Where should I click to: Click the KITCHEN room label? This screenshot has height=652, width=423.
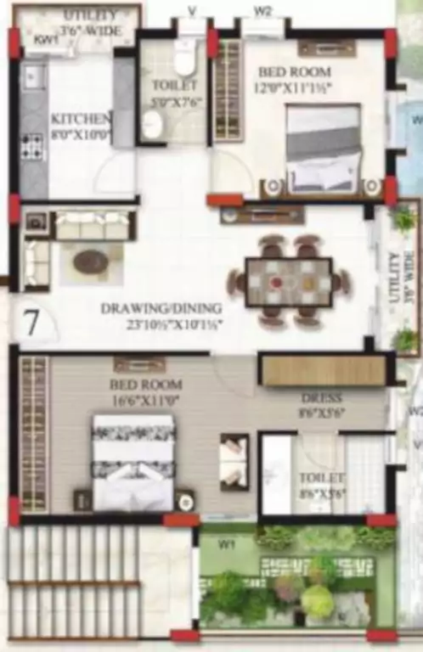coord(79,119)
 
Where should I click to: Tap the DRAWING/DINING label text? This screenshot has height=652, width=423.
coord(161,308)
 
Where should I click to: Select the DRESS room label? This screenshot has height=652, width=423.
coord(321,397)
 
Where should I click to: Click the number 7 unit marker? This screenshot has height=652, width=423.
coord(31,323)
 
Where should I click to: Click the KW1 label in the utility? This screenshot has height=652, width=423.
coord(44,39)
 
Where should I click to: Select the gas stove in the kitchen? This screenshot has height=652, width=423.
coord(32,147)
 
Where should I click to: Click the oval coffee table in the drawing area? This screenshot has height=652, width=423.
coord(91,261)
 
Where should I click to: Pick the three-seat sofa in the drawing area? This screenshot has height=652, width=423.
coord(94,225)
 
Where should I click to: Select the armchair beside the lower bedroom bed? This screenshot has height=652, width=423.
coord(234,460)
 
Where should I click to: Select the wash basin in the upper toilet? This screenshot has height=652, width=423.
coord(153,125)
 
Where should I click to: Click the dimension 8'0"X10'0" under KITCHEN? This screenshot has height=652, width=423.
coord(81,133)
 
